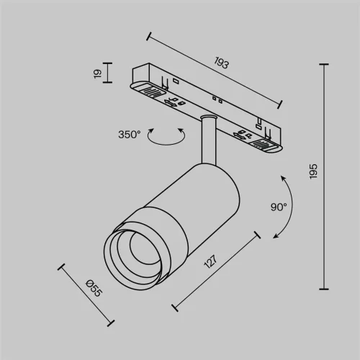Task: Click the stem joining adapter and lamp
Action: click(x=208, y=140)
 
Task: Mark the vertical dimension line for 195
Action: click(x=324, y=173)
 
